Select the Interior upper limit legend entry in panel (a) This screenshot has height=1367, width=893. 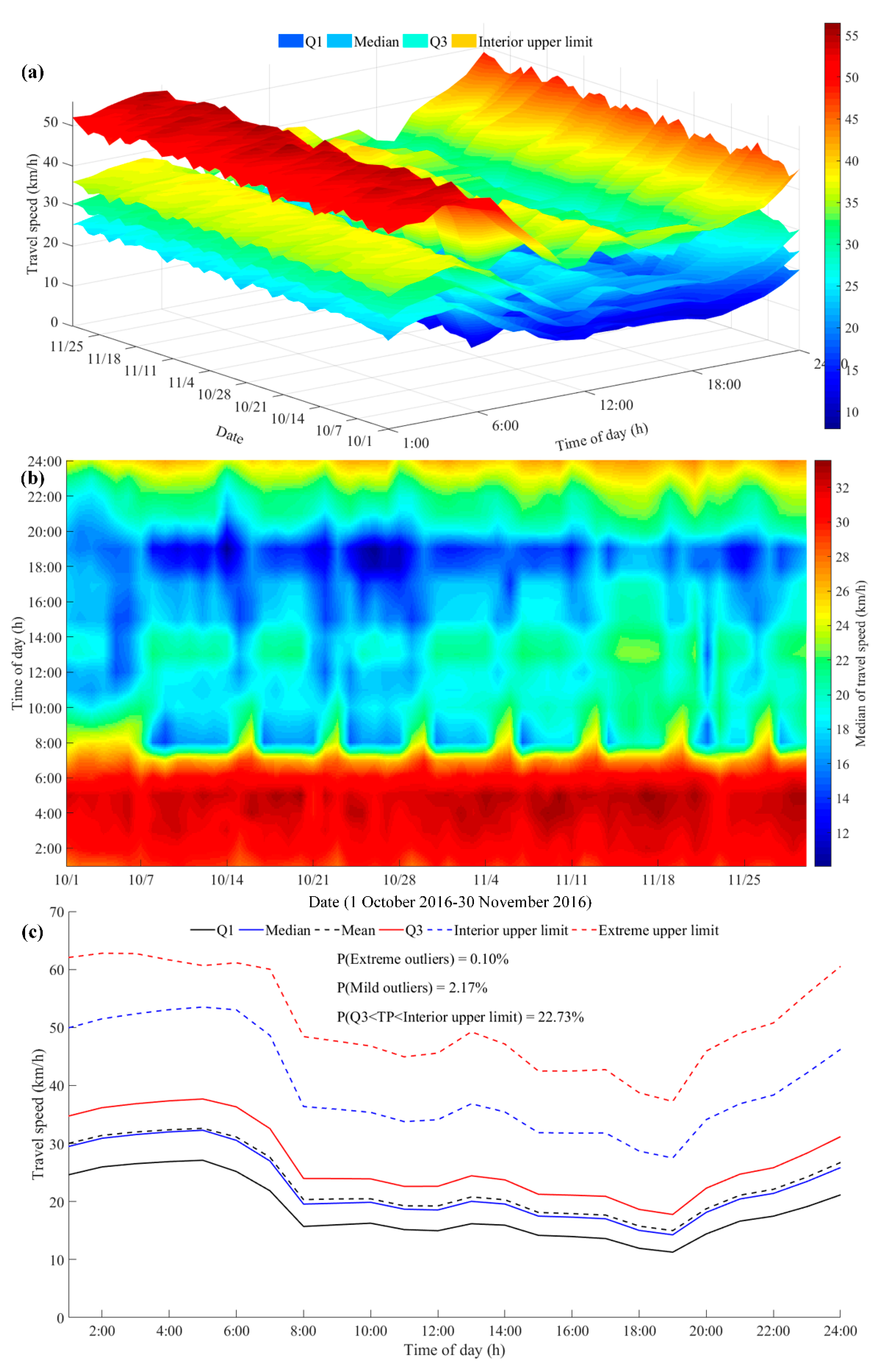pyautogui.click(x=535, y=42)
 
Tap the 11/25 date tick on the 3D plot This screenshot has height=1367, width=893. pyautogui.click(x=67, y=346)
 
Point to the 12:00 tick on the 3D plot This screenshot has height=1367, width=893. pyautogui.click(x=616, y=405)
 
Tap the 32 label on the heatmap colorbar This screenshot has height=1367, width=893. pyautogui.click(x=842, y=488)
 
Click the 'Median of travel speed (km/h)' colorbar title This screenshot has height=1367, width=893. pyautogui.click(x=860, y=663)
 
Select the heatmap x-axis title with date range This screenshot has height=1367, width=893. pyautogui.click(x=450, y=902)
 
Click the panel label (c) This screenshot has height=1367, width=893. pyautogui.click(x=32, y=932)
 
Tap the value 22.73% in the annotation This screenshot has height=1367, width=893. pyautogui.click(x=560, y=1017)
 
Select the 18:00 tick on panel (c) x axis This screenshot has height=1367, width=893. pyautogui.click(x=639, y=1331)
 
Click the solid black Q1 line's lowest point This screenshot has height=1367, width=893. pyautogui.click(x=672, y=1252)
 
